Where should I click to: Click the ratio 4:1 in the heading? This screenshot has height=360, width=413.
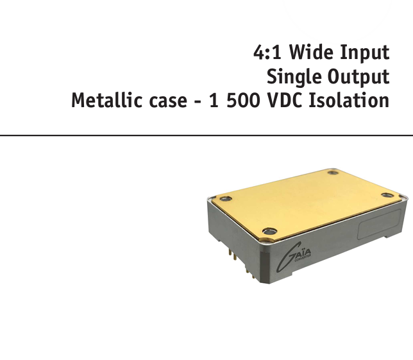click(267, 52)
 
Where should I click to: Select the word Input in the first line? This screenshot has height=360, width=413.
click(364, 53)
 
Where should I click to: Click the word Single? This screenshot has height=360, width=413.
click(294, 77)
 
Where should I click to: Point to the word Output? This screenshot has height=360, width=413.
click(358, 77)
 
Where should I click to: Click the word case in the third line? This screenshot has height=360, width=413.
click(168, 102)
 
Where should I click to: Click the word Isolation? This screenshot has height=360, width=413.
click(349, 100)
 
